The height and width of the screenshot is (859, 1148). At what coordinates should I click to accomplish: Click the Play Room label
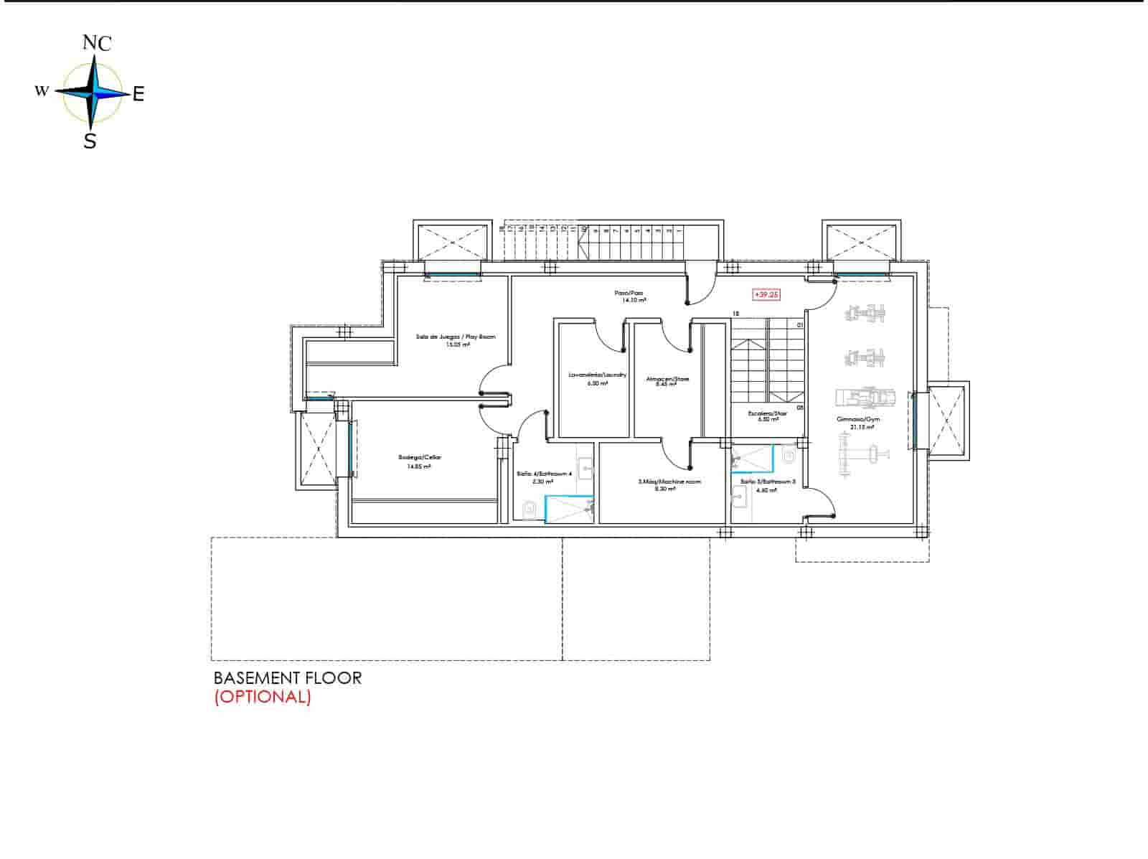(x=456, y=337)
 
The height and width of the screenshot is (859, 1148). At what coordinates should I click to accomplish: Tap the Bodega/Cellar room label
(x=415, y=458)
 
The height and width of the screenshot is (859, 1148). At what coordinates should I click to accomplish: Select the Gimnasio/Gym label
(x=862, y=419)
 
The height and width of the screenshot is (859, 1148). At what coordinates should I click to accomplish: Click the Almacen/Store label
(x=667, y=379)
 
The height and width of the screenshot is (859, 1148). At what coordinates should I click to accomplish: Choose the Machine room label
(x=669, y=482)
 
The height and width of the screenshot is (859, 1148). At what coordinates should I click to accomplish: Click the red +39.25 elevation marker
(x=766, y=294)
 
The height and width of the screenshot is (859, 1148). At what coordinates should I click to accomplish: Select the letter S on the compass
(x=90, y=141)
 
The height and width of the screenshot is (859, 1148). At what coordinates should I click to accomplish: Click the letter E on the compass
(x=138, y=93)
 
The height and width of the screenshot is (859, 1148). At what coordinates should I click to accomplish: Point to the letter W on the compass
(x=42, y=91)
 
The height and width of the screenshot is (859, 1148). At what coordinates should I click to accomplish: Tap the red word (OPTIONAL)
(x=263, y=697)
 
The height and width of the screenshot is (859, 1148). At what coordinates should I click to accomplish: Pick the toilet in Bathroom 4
(x=530, y=510)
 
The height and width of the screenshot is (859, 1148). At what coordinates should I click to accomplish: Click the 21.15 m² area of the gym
(x=862, y=428)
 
